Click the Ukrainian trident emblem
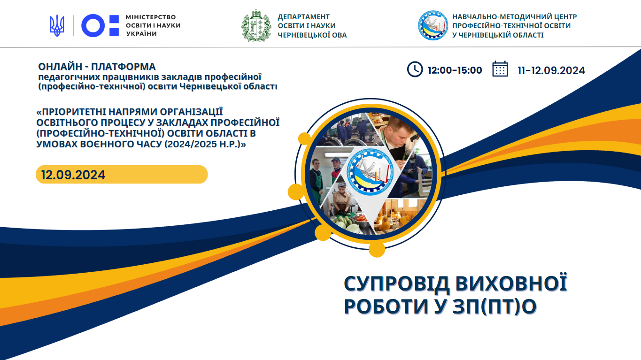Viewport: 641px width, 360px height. click(57, 25)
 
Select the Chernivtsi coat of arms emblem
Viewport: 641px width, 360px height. click(256, 26)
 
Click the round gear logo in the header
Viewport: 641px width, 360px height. click(432, 25)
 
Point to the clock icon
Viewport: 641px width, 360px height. click(415, 69)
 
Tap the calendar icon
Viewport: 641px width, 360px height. click(500, 69)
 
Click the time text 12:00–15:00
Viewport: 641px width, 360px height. click(455, 70)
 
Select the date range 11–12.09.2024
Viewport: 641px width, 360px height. click(551, 70)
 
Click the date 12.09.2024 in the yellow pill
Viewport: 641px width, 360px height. click(73, 175)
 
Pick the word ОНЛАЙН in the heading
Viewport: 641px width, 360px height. click(61, 67)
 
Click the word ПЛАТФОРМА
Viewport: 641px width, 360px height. click(124, 67)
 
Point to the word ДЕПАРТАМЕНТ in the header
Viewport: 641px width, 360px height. click(304, 17)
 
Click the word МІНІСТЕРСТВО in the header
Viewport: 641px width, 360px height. click(151, 17)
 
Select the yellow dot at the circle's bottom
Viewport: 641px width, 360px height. click(377, 249)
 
